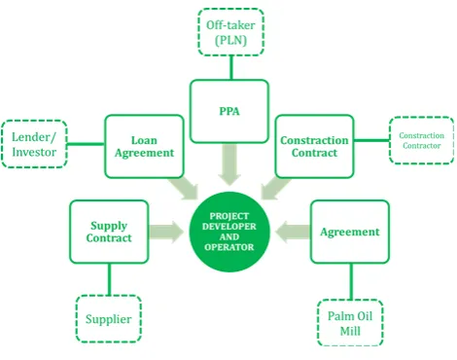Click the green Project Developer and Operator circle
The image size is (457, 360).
[229, 232]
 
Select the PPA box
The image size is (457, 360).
[229, 111]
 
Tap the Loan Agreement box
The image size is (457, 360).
[144, 146]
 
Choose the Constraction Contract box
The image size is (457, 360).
[314, 146]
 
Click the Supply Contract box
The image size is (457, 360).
[109, 232]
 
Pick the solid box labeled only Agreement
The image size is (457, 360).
[350, 232]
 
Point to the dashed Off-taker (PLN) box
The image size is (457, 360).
[230, 32]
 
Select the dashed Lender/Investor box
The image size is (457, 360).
[34, 144]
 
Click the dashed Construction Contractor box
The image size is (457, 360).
[421, 140]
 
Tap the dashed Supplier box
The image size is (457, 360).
[109, 318]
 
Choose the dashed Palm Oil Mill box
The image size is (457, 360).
[350, 323]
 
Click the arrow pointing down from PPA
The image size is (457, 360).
[229, 164]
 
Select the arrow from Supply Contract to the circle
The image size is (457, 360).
[166, 232]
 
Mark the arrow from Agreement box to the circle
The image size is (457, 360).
[293, 232]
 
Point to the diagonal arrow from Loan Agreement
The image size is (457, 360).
[184, 188]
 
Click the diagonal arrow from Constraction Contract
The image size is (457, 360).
[275, 188]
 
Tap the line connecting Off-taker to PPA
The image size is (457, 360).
[231, 68]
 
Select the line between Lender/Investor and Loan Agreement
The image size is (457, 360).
[86, 144]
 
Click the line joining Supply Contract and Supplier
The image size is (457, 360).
[109, 279]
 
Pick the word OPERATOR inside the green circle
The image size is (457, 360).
[229, 247]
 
